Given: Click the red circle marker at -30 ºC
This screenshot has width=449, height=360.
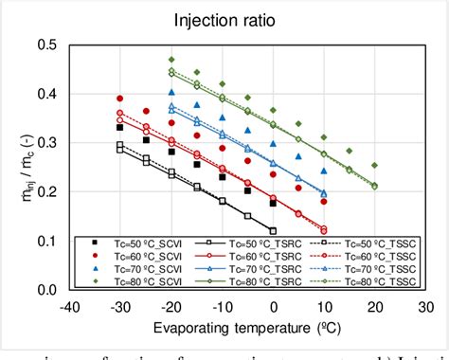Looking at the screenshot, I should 120,99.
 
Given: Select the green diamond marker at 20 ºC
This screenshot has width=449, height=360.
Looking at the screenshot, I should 374,165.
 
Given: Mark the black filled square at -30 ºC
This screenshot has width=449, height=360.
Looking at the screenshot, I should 120,128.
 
